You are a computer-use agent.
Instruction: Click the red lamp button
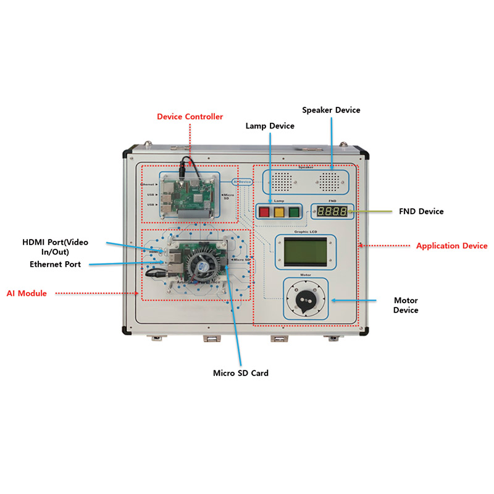click(x=264, y=212)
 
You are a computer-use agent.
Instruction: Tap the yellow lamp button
click(x=278, y=212)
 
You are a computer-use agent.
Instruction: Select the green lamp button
click(x=293, y=212)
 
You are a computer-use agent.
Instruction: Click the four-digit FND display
click(x=332, y=211)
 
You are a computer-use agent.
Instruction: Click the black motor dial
click(x=304, y=298)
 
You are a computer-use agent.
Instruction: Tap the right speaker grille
click(x=329, y=180)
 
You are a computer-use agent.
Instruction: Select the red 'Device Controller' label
click(x=190, y=116)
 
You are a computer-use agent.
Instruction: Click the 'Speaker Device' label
click(x=331, y=110)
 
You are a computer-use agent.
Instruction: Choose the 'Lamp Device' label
click(x=270, y=125)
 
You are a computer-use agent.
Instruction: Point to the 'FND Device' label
click(x=422, y=211)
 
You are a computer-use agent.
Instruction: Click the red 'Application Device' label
click(x=451, y=246)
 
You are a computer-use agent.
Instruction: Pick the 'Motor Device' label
click(x=406, y=305)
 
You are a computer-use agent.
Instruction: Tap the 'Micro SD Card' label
click(x=241, y=373)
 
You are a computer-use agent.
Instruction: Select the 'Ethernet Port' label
click(x=59, y=264)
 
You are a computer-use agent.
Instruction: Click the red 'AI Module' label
click(x=27, y=293)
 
